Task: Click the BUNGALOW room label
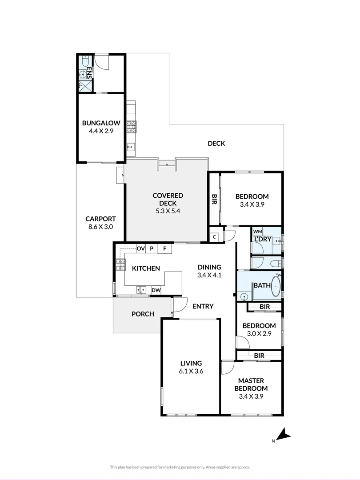point(101,123)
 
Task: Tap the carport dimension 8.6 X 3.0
point(101,227)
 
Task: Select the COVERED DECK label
point(168,199)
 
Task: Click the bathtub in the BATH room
point(276,286)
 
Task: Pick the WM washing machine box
point(258,232)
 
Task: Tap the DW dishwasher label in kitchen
point(156,290)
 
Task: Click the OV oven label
point(140,248)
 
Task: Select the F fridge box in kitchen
point(165,249)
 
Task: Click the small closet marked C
point(214,237)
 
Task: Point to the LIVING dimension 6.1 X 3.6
point(191,371)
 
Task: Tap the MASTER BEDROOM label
point(251,384)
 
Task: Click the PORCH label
point(143,314)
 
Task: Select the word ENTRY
point(203,306)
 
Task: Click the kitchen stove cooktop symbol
point(120,264)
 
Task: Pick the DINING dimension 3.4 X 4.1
point(209,275)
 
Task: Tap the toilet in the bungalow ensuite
point(85,61)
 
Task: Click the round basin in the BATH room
point(244,296)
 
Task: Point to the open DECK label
point(216,143)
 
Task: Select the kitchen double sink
point(141,290)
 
